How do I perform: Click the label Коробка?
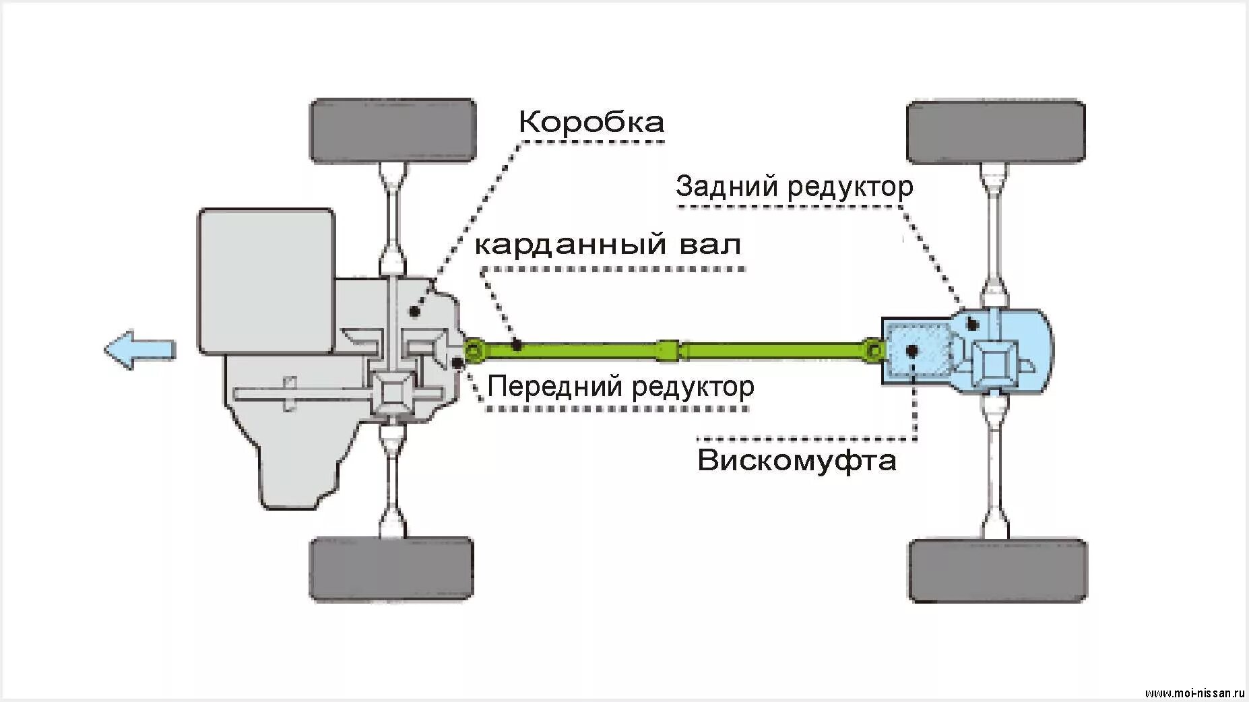[x=591, y=122]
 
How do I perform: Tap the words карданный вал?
[x=608, y=244]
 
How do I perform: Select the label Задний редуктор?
[x=794, y=186]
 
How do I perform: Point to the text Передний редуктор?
[x=620, y=387]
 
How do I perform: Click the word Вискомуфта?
[x=796, y=461]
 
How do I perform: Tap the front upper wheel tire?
[x=393, y=131]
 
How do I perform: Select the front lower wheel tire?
[x=391, y=568]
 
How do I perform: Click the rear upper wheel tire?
[x=995, y=132]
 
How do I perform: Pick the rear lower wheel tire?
[x=996, y=570]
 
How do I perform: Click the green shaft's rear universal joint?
[x=873, y=350]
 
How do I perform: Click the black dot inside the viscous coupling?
[x=913, y=350]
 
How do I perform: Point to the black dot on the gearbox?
[x=414, y=311]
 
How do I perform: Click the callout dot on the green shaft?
[x=517, y=346]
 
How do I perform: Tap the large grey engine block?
[x=265, y=281]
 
